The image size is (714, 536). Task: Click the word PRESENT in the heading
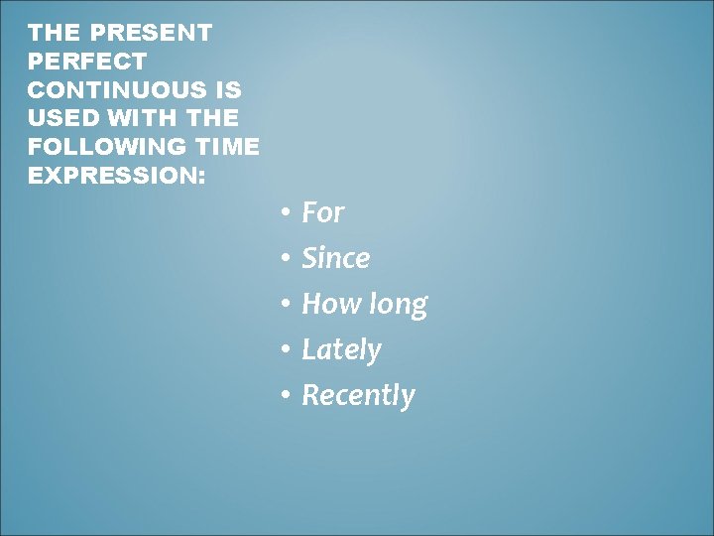[x=151, y=33]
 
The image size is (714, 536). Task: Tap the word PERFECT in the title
[x=87, y=62]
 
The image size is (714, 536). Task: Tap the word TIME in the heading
[x=229, y=148]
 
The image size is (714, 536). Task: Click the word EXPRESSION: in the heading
[x=117, y=177]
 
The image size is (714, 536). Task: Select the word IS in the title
[x=230, y=90]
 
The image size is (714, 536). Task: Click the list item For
[x=322, y=212]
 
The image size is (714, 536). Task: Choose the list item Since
[x=335, y=258]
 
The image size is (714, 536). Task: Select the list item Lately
[x=341, y=349]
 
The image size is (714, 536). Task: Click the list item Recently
[x=358, y=395]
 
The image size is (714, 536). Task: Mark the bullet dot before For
[x=284, y=213]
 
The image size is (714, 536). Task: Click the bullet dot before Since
[x=284, y=259]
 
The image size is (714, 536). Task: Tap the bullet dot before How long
[x=284, y=305]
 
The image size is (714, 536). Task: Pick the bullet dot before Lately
[x=284, y=350]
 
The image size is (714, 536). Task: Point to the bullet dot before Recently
[x=284, y=396]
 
